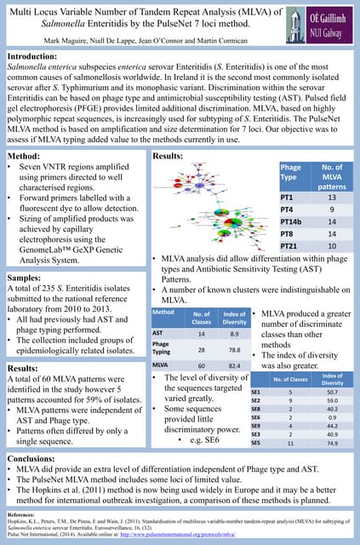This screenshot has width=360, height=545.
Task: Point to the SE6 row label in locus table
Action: [x=256, y=418]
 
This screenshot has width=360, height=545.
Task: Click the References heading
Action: [x=24, y=515]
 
